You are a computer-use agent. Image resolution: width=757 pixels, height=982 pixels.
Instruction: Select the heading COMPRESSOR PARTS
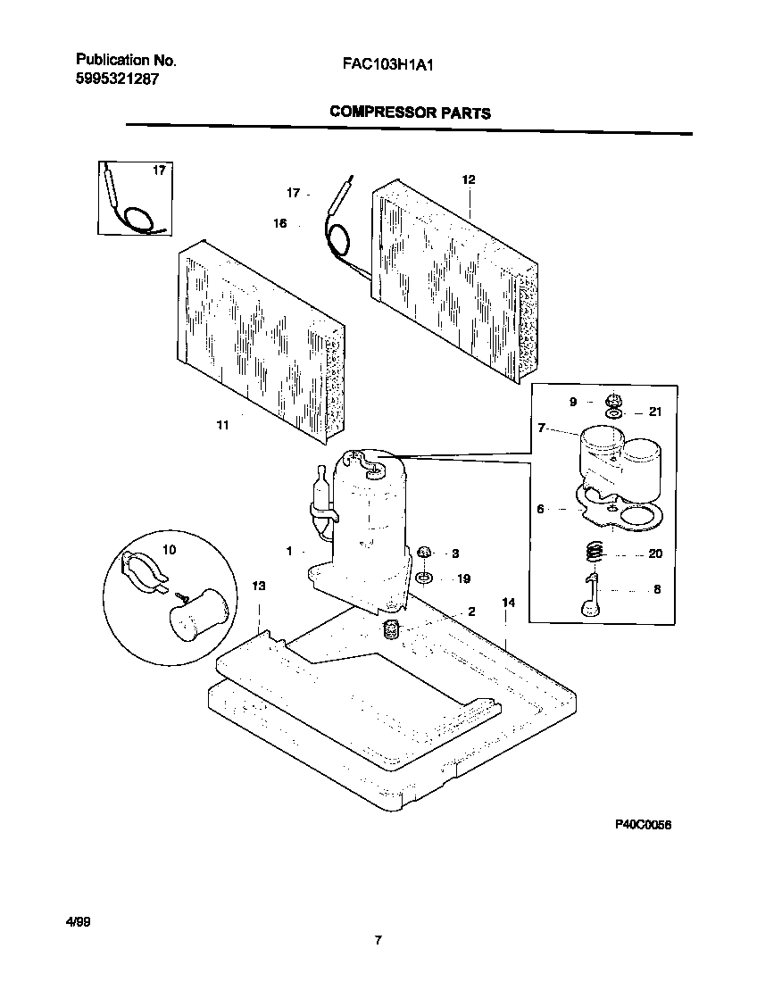410,112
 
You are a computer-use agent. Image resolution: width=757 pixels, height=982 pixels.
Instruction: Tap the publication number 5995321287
119,79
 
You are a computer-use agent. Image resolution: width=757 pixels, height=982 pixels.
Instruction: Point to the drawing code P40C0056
641,826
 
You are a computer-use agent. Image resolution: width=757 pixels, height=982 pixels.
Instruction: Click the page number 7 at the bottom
378,939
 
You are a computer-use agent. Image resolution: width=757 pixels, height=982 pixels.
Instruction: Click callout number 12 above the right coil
469,179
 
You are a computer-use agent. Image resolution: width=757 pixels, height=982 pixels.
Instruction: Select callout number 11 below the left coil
222,426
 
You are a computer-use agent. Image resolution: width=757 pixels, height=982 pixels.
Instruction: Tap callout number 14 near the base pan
508,603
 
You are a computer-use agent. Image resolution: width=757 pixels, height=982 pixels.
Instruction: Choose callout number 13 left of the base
259,587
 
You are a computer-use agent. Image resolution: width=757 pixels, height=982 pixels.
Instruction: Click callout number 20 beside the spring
655,553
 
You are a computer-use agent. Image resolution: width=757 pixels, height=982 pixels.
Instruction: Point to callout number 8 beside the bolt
657,590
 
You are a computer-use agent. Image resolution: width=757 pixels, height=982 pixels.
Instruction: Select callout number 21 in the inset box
655,412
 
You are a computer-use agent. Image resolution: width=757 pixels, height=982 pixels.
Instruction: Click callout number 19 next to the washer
463,578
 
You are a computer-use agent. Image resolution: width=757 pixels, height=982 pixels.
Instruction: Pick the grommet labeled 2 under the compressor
390,631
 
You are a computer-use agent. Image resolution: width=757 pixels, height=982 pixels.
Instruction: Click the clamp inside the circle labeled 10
146,572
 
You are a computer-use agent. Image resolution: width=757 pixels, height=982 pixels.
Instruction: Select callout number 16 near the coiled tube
280,224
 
